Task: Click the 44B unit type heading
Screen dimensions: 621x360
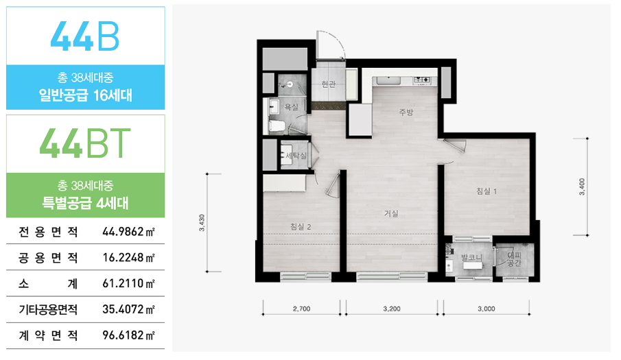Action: (85, 36)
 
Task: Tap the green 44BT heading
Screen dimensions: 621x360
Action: (85, 143)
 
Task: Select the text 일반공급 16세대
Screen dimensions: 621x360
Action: (85, 95)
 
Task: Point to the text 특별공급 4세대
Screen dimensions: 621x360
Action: (85, 203)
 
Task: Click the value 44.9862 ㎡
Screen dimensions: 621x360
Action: (128, 232)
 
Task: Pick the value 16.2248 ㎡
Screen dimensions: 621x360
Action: (128, 258)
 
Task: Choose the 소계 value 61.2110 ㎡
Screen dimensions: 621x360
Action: (128, 283)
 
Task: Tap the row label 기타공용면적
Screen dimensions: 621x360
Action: (48, 309)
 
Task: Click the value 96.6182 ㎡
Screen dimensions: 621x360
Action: (128, 335)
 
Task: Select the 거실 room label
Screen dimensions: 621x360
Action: (391, 214)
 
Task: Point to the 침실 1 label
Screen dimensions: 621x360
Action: (487, 191)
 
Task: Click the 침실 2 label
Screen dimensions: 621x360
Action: (301, 227)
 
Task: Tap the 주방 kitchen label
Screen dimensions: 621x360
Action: (406, 112)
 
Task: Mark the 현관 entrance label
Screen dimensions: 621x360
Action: (328, 84)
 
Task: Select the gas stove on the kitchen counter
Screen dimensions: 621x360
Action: (422, 80)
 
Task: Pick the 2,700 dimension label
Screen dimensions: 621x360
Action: (301, 309)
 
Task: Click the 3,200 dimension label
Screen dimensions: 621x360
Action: (392, 309)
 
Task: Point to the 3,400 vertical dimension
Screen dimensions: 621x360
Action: (582, 187)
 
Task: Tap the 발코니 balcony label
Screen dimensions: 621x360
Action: (471, 258)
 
